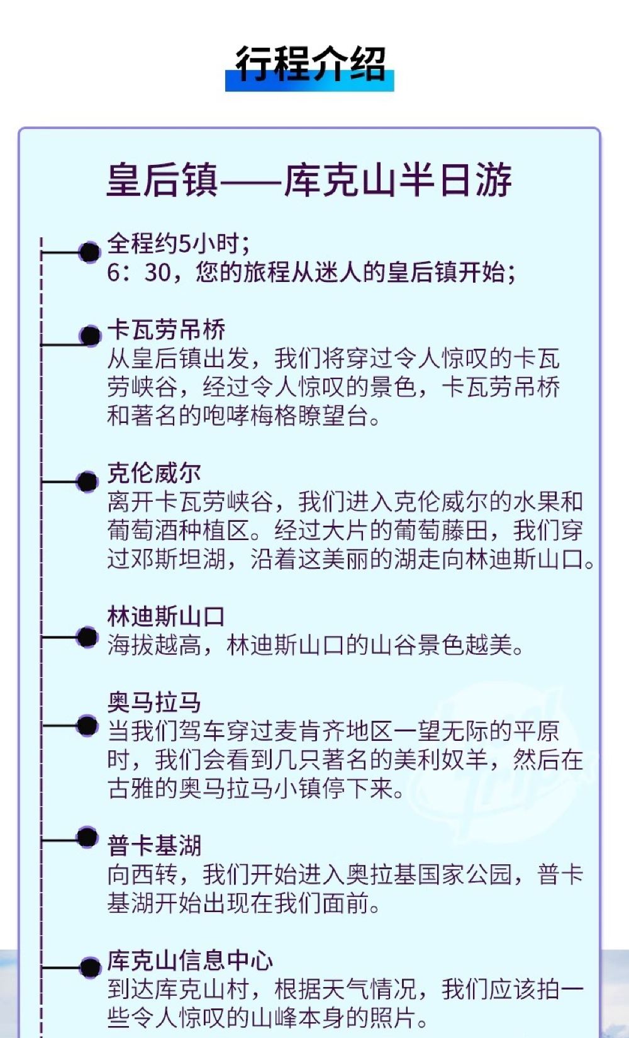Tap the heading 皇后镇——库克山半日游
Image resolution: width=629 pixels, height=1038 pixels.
point(309,180)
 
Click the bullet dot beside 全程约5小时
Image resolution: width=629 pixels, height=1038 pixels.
point(89,252)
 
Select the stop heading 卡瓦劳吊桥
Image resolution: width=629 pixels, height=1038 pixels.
point(166,330)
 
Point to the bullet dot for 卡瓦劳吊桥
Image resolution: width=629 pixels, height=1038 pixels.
point(90,336)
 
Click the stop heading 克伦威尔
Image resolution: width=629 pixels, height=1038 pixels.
point(154,473)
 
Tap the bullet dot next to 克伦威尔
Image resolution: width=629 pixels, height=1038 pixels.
point(87,482)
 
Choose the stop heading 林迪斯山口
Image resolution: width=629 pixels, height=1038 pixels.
point(166,617)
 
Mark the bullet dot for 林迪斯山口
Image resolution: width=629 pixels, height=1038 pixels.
point(87,637)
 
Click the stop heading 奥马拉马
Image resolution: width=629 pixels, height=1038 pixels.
point(154,702)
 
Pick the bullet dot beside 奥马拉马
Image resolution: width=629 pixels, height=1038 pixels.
point(87,726)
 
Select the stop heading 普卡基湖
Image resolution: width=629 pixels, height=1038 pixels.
point(154,845)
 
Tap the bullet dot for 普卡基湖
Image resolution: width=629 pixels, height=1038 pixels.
point(87,837)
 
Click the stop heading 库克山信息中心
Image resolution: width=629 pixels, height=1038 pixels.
point(190,961)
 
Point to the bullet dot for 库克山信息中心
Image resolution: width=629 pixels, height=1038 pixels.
point(90,967)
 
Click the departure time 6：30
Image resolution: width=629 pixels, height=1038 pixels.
point(139,272)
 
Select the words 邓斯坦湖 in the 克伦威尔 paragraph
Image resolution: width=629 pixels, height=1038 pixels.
point(179,560)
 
